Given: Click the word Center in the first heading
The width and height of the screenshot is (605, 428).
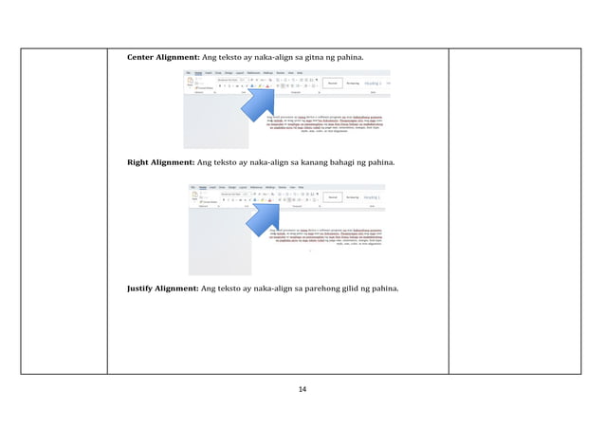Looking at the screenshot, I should [143, 59].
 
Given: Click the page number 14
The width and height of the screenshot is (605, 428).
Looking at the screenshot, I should [302, 390].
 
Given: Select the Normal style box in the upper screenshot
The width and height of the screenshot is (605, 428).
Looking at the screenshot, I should [334, 84].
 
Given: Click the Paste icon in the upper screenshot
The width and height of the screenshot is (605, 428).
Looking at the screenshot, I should [189, 84].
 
